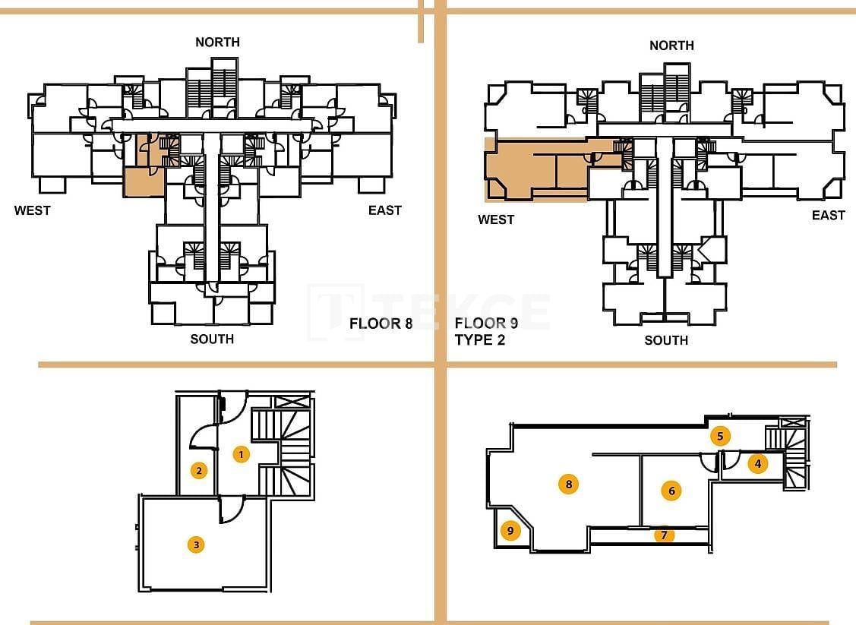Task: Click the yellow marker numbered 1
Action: (x=241, y=455)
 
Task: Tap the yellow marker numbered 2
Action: (x=199, y=470)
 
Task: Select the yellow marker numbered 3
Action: (x=196, y=544)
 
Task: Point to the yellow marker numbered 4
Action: (x=757, y=463)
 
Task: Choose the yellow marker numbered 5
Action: (x=720, y=436)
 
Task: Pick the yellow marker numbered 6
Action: (x=671, y=491)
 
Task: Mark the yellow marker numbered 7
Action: (x=664, y=535)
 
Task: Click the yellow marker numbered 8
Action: (x=567, y=484)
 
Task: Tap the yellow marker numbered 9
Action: (x=510, y=531)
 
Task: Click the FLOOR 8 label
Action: (x=381, y=324)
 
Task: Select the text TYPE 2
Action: (x=480, y=340)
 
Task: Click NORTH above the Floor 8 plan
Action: (x=217, y=42)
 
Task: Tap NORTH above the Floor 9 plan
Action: (x=671, y=46)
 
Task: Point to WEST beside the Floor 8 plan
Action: (x=32, y=210)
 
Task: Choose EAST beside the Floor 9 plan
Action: (x=828, y=215)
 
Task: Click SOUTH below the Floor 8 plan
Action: (x=212, y=339)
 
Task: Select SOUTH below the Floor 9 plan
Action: (x=666, y=340)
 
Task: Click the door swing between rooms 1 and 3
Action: (x=231, y=510)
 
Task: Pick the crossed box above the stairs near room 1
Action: (x=292, y=403)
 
